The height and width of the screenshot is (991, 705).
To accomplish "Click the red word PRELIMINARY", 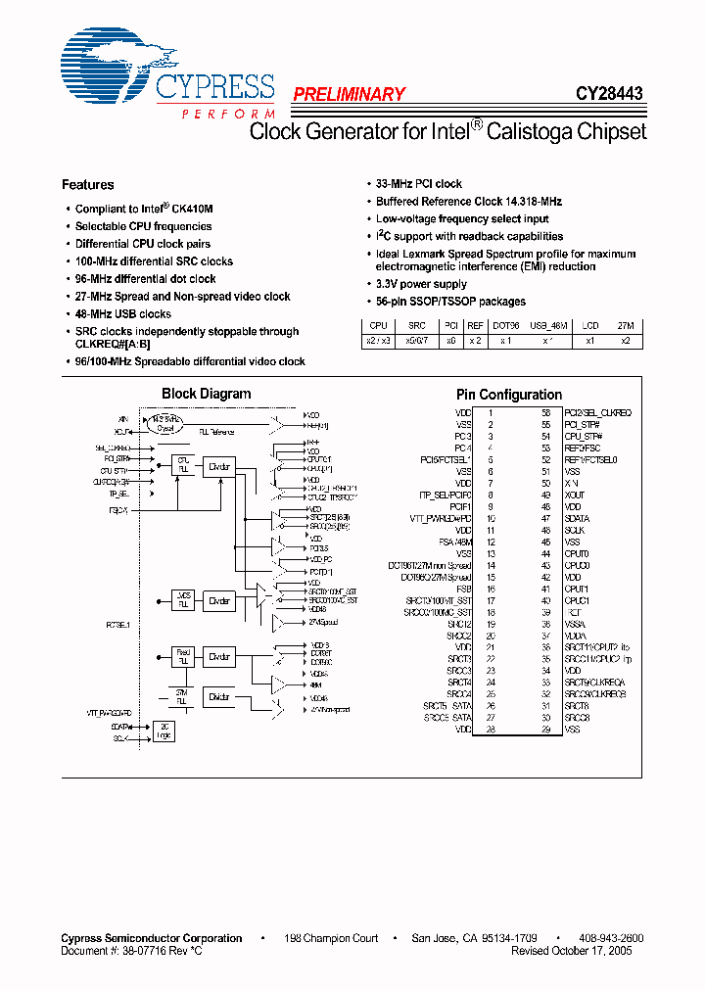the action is (x=349, y=95).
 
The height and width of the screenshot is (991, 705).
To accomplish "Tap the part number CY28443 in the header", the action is (x=609, y=95).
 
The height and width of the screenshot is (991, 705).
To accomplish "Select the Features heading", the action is (x=87, y=185).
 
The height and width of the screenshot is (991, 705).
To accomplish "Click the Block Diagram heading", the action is (x=206, y=395).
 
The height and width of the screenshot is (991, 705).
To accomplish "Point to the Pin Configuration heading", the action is (x=509, y=395).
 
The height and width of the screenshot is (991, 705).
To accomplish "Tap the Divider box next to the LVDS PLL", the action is (x=219, y=601).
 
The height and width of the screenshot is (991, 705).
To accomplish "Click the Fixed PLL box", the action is (x=183, y=655).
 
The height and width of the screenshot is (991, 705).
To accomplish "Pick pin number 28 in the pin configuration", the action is (x=490, y=730).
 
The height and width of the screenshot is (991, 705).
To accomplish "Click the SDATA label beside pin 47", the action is (x=578, y=519).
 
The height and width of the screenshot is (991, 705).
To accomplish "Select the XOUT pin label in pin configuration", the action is (x=576, y=495).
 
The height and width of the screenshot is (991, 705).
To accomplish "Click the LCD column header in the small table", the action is (x=590, y=325).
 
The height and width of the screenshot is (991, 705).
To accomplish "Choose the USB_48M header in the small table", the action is (x=548, y=325).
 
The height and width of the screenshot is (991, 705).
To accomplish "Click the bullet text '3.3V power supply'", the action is (x=422, y=284).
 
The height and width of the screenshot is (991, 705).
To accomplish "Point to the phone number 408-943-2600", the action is (x=610, y=938).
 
